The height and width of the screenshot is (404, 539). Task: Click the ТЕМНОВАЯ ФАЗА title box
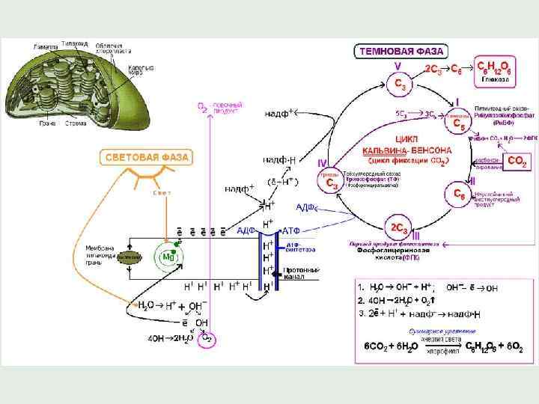coord(401,52)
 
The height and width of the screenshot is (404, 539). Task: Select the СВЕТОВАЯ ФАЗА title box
coord(146,157)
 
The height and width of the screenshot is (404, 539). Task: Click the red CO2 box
coord(517,161)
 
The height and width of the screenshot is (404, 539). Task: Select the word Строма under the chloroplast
coord(75,123)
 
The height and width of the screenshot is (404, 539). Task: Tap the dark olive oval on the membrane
coord(130,257)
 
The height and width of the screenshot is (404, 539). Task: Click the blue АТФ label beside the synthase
coord(291,230)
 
